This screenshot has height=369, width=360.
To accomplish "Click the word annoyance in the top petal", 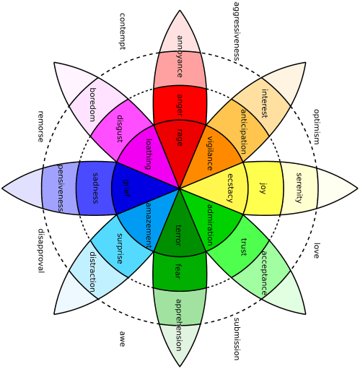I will (x=179, y=56).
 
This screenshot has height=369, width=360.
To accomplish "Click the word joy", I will (x=263, y=188).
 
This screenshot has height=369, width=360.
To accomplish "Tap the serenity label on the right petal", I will (x=299, y=188).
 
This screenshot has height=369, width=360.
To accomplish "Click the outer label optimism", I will (x=316, y=126).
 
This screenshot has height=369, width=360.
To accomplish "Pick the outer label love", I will (x=315, y=251).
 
